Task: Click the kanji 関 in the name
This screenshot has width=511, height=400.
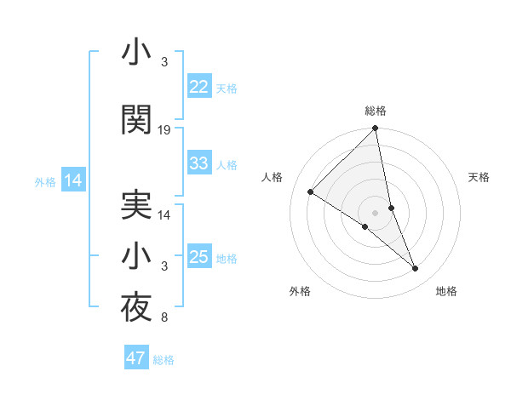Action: [137, 121]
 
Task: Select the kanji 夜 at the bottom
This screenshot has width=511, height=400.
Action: [137, 308]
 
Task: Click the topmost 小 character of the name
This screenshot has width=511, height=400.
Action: [137, 53]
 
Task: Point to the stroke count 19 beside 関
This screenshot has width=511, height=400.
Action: [164, 130]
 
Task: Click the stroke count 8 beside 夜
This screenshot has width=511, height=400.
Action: [164, 318]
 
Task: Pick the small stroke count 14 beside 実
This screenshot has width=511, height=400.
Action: [164, 215]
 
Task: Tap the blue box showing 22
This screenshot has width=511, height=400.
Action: [199, 87]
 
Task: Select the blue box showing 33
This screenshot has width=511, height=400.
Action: [199, 163]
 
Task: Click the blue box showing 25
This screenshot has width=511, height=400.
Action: [199, 257]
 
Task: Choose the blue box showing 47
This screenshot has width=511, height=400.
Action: [136, 358]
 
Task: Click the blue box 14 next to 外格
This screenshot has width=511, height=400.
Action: [73, 180]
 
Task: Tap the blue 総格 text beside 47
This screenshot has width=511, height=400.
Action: [164, 360]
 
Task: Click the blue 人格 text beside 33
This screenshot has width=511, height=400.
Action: [227, 164]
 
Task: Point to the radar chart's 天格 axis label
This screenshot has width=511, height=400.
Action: [479, 177]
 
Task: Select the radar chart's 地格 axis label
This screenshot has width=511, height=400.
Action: [446, 291]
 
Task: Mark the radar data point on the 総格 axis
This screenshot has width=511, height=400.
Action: [376, 129]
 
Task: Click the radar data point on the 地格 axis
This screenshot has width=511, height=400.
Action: [416, 269]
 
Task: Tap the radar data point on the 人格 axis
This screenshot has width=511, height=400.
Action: [311, 191]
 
